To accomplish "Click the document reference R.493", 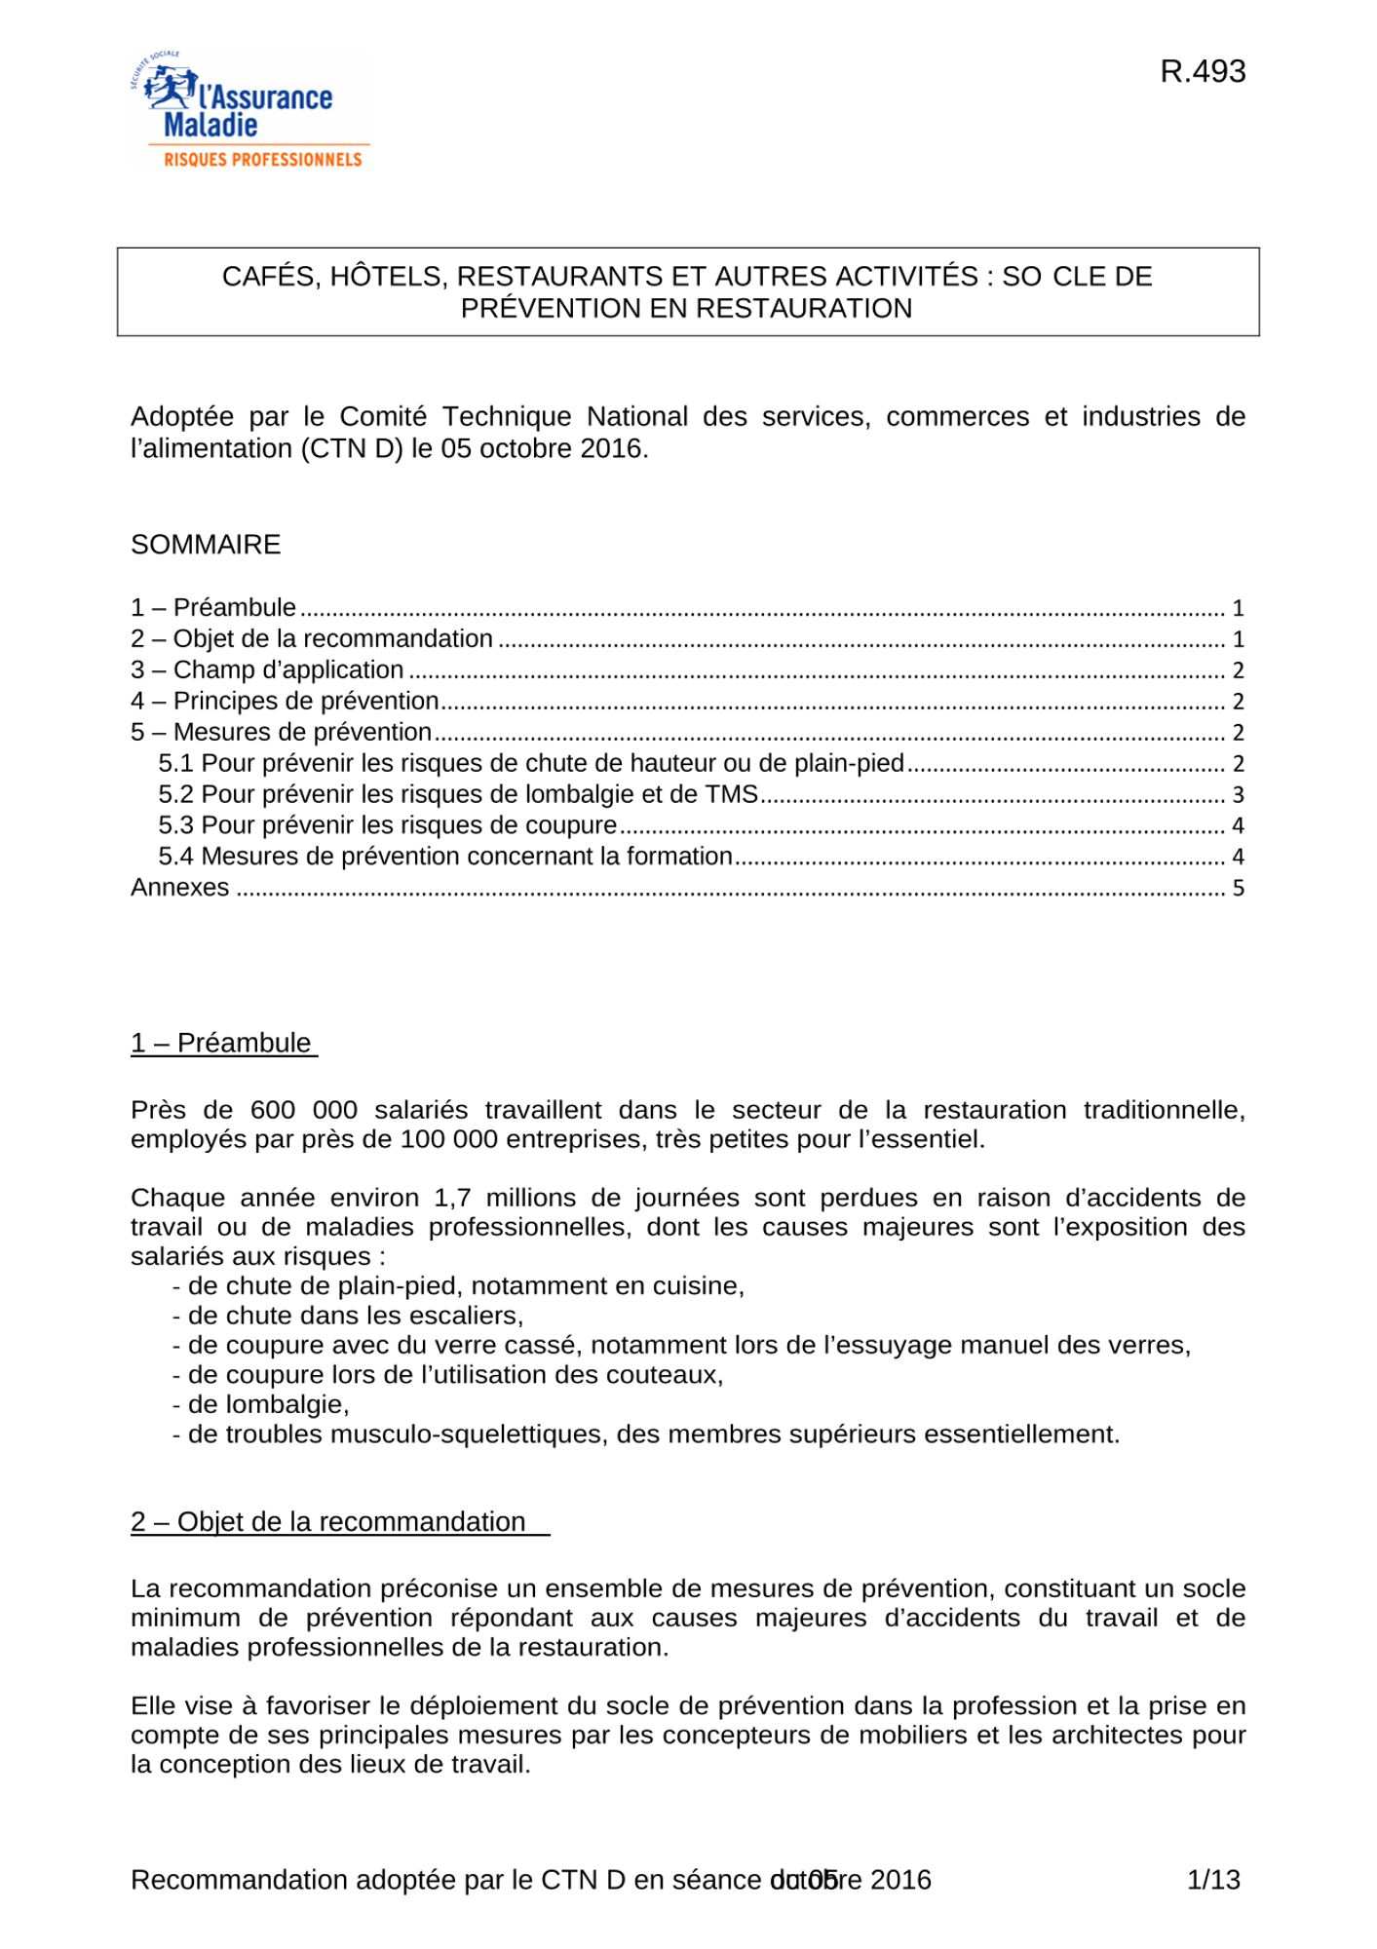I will (x=1203, y=72).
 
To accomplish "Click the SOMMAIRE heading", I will (x=206, y=545).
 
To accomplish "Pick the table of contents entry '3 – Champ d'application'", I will (x=267, y=670).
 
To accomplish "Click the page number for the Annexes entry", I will (x=1238, y=889).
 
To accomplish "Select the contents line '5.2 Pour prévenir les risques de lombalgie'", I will (x=458, y=795).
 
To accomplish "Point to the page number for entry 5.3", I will (x=1238, y=826).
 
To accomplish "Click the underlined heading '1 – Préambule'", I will (x=221, y=1043).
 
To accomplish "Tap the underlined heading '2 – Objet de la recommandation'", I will (x=328, y=1522).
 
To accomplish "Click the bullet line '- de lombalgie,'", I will (x=260, y=1404).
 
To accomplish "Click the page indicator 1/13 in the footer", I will (x=1213, y=1879).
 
